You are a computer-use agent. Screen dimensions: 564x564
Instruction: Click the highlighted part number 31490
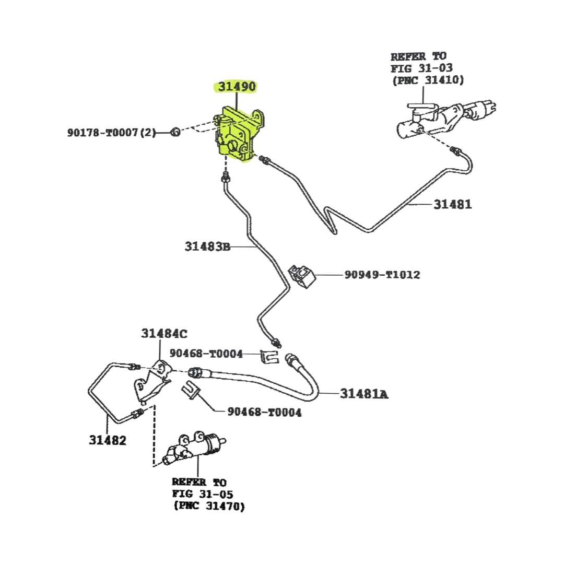point(237,87)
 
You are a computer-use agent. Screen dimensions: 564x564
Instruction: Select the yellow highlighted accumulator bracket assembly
point(238,135)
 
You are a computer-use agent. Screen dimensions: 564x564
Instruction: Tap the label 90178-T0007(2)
point(111,133)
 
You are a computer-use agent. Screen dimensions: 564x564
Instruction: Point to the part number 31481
point(452,204)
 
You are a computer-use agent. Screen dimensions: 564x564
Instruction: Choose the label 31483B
point(207,246)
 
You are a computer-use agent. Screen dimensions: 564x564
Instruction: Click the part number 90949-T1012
point(382,275)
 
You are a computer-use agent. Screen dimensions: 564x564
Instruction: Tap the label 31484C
point(163,333)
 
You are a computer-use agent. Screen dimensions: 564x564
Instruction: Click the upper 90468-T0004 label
point(206,354)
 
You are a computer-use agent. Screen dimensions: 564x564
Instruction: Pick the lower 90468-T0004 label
point(264,413)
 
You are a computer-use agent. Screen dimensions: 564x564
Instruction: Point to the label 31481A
point(364,394)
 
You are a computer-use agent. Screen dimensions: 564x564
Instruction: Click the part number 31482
point(107,440)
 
